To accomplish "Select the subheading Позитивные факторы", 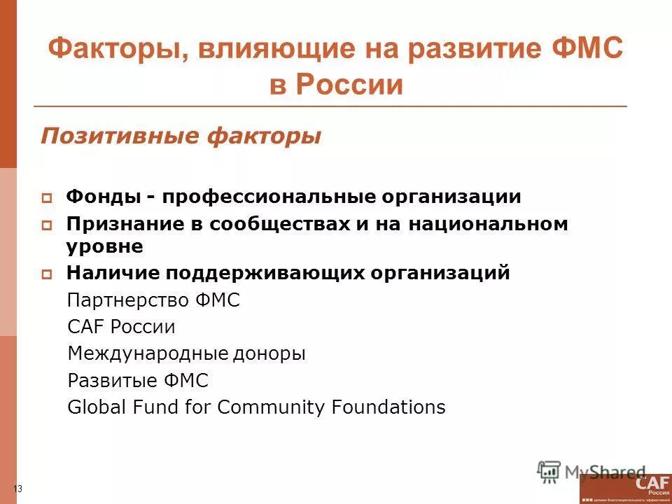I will point(181,136).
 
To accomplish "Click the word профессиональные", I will point(269,197).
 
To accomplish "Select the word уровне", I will point(105,246).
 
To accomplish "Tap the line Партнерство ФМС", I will point(153,300).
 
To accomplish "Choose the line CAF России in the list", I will point(121,327).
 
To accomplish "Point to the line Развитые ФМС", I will point(138,381).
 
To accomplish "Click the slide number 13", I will point(18,489).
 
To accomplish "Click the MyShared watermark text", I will point(605,472).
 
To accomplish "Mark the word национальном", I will point(489,224).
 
